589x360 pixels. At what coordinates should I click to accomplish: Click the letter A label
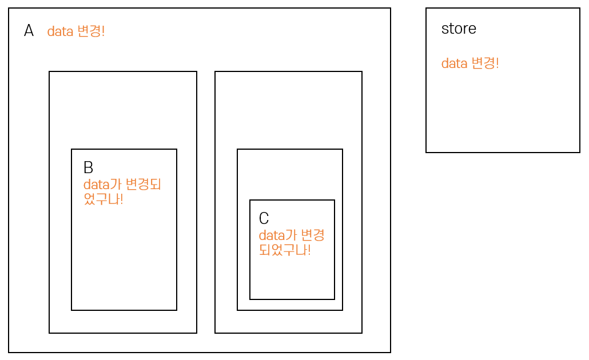[29, 31]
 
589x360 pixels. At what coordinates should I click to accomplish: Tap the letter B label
[88, 167]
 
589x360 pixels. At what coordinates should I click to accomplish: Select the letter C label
[264, 218]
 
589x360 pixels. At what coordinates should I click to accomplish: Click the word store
[459, 29]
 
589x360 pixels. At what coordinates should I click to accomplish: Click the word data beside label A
[60, 31]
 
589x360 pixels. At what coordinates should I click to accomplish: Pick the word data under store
[455, 63]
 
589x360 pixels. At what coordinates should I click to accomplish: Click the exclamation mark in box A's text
[103, 31]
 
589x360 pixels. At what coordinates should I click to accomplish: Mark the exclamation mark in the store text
[497, 63]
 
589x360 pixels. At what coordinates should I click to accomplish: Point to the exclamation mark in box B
[121, 200]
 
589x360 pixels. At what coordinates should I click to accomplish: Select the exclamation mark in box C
[309, 250]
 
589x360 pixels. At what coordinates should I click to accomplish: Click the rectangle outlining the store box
[503, 152]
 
